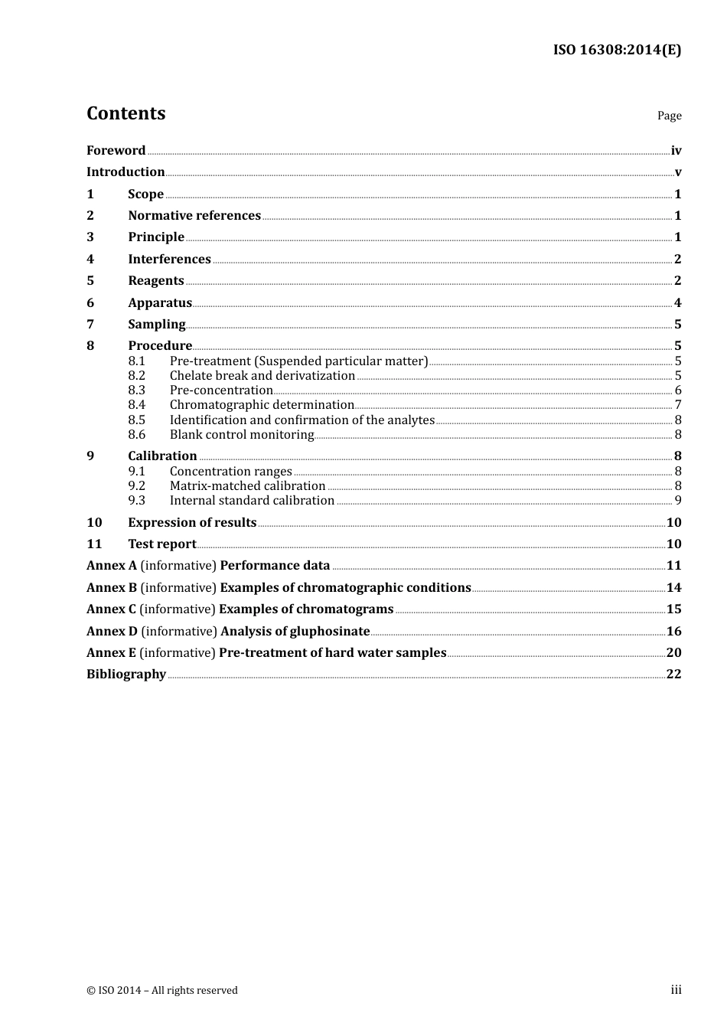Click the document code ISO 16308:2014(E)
tap(616, 50)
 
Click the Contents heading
tap(126, 113)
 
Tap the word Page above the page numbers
tap(669, 116)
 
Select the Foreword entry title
tap(116, 151)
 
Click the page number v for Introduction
tap(677, 172)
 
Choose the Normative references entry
tap(194, 216)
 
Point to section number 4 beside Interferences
tap(90, 260)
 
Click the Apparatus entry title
tap(160, 303)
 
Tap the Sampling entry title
tap(157, 325)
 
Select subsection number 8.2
tap(137, 376)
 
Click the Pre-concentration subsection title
tap(221, 390)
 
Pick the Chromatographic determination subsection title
tap(262, 405)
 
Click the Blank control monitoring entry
tap(242, 435)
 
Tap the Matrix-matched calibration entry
tap(247, 486)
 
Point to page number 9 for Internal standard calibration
tap(677, 501)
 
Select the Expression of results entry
tap(192, 523)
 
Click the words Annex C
tap(111, 609)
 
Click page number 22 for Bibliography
tap(673, 675)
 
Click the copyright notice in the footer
tap(162, 990)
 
